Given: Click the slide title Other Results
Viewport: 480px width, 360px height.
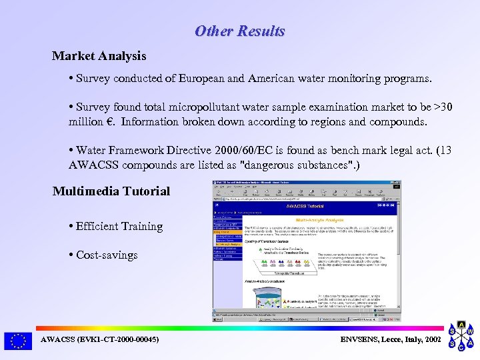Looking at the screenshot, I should tap(239, 31).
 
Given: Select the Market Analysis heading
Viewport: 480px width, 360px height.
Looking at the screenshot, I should tap(99, 56).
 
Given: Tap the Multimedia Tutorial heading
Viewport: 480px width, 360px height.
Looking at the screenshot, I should tap(111, 191).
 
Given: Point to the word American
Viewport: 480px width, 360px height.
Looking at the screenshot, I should tap(272, 79).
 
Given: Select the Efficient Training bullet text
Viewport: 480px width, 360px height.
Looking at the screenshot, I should tap(119, 227).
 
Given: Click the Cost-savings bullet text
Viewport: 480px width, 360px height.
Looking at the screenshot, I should tap(107, 255).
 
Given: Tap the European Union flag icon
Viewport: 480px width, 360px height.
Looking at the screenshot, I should tap(17, 341).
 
